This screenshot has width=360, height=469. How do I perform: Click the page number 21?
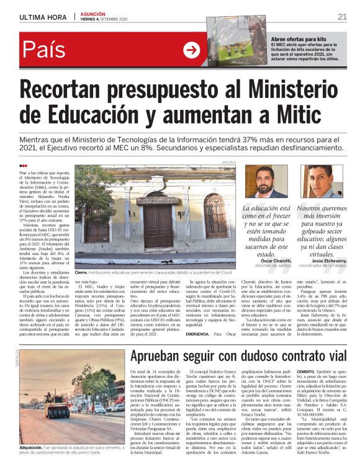[342, 17]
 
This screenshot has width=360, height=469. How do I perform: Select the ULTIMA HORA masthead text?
[43, 17]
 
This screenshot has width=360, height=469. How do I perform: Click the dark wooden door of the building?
[155, 226]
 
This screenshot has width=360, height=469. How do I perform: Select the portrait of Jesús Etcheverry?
[322, 181]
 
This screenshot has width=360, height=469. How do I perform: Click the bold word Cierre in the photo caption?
[81, 272]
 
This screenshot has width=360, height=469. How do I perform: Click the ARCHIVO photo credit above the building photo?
[229, 162]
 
